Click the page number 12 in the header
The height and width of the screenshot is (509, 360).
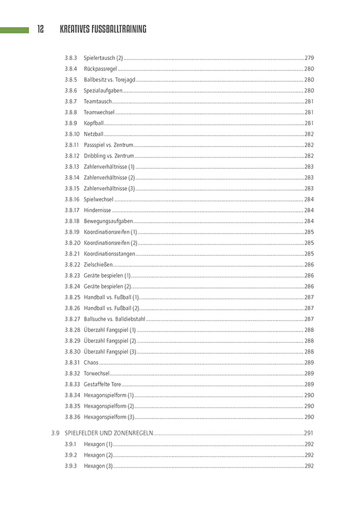(41, 29)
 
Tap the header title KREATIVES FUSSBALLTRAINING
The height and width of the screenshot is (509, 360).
(103, 29)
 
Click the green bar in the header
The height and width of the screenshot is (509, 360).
(15, 29)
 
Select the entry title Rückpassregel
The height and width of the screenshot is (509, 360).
(100, 68)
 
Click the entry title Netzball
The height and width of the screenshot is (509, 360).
(94, 134)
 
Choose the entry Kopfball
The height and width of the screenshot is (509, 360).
(94, 123)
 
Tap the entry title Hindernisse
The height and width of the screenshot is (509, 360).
(98, 210)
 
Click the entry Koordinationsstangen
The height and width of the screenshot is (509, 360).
(109, 253)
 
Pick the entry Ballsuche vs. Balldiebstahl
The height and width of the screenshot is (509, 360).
(114, 319)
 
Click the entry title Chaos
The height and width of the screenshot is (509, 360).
(91, 362)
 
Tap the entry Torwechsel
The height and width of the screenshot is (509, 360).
(97, 373)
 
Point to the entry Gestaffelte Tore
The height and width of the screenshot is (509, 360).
(102, 384)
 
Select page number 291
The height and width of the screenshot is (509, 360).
(309, 433)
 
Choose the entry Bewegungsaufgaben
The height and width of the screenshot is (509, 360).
(108, 221)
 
